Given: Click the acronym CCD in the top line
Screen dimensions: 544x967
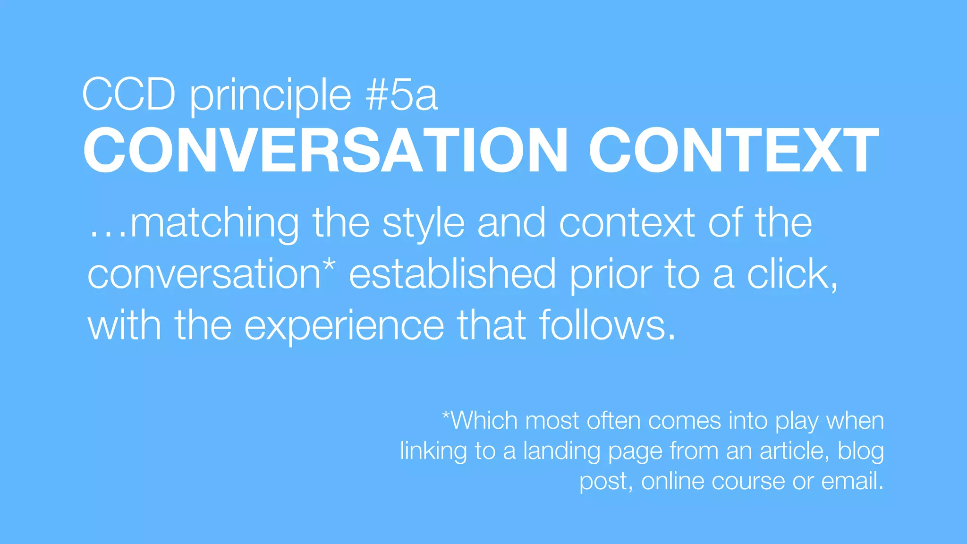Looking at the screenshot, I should (x=129, y=94).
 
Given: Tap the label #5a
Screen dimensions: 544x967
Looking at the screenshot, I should (x=401, y=94).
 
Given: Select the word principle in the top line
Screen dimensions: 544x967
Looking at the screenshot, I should (x=271, y=97).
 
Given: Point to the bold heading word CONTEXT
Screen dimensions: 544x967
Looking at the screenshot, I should (x=734, y=150).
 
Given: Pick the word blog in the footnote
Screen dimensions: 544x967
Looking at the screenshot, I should (x=861, y=451).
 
